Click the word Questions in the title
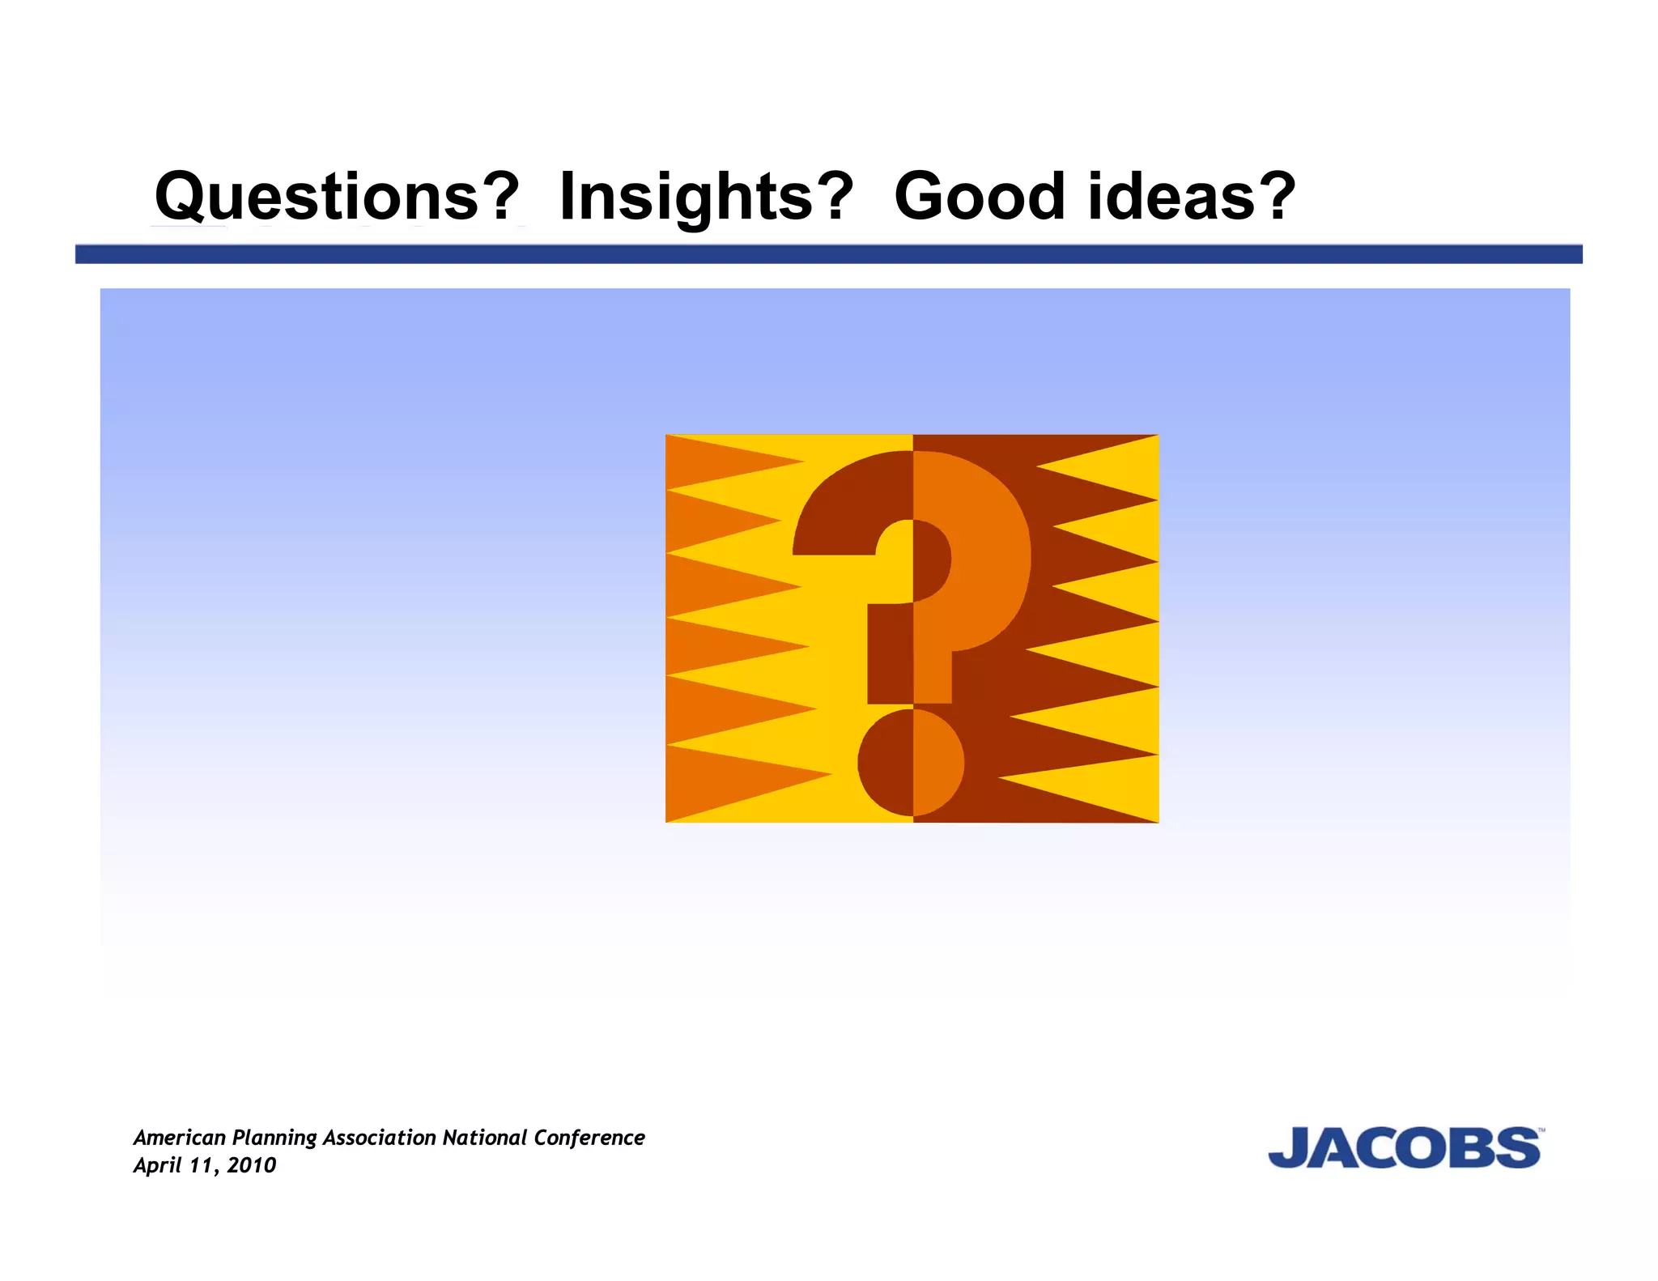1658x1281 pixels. (316, 196)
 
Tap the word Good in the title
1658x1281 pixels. (979, 196)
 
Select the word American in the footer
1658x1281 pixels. (180, 1138)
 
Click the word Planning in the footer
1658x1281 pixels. (274, 1138)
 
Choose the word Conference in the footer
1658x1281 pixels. (589, 1138)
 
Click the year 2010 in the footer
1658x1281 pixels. (252, 1165)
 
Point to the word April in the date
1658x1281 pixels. (157, 1166)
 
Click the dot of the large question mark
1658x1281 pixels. (912, 762)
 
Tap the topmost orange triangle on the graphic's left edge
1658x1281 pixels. (712, 462)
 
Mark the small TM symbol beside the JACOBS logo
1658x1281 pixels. (1541, 1130)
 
